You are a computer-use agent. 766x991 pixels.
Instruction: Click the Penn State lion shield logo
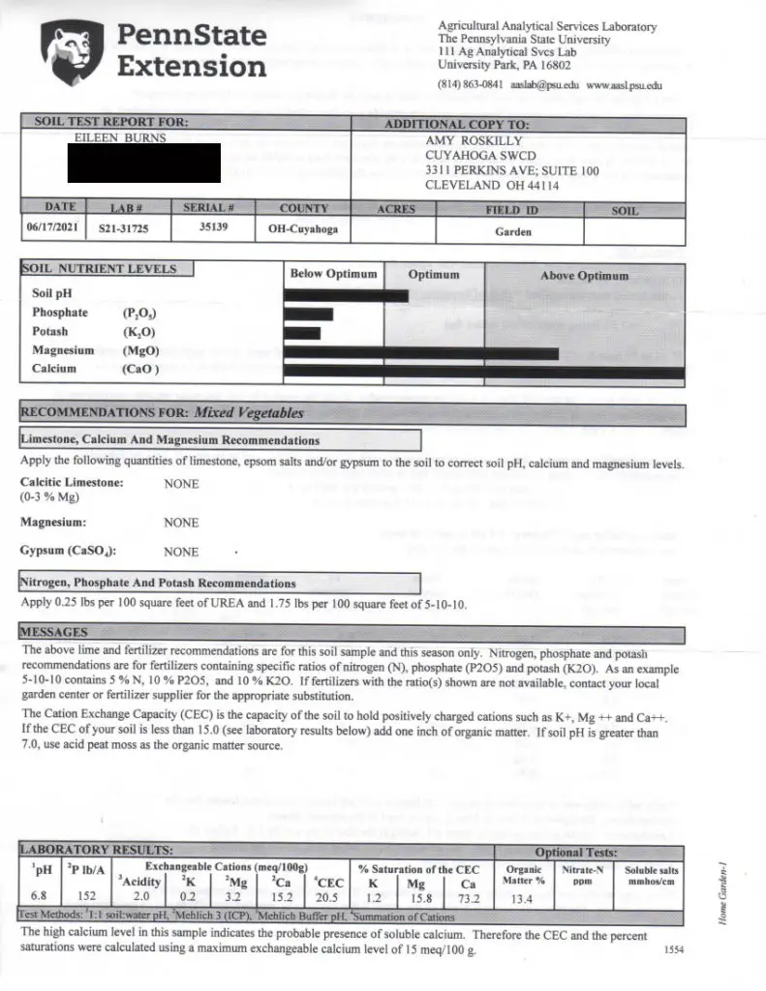[x=71, y=55]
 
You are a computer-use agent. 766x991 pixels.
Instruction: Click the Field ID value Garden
[x=512, y=232]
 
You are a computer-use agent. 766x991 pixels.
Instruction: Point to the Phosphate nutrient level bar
[x=310, y=314]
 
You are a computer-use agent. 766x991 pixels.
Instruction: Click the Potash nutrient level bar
[x=303, y=333]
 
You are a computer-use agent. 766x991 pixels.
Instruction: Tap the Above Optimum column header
[x=584, y=276]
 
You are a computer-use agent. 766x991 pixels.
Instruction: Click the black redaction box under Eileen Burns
[x=144, y=164]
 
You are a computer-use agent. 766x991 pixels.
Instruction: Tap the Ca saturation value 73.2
[x=470, y=895]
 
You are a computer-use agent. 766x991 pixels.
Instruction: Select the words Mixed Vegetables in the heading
[x=249, y=412]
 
